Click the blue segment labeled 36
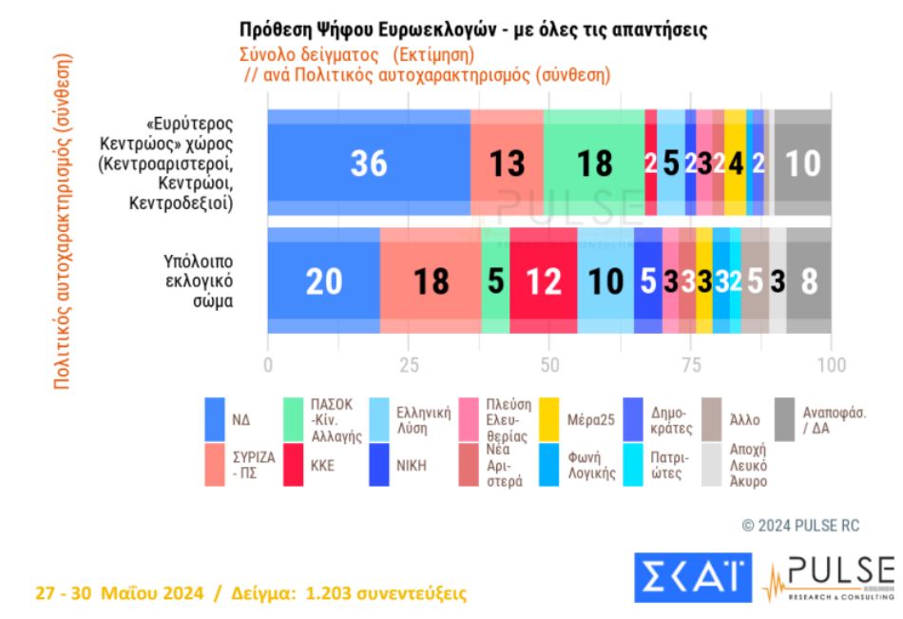tap(369, 164)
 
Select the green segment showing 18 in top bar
tap(594, 164)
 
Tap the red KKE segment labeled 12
tap(543, 280)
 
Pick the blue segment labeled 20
tap(323, 280)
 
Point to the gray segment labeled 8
tap(809, 280)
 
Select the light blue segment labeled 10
tap(605, 280)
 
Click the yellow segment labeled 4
tap(736, 164)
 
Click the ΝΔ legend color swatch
tap(216, 416)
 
